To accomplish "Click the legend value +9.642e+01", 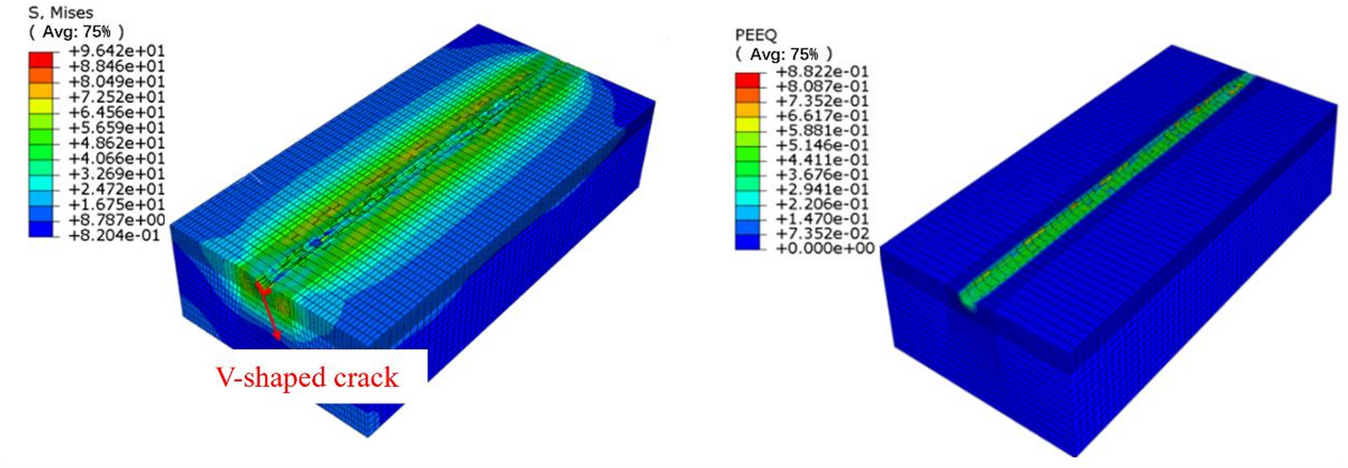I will [x=117, y=51].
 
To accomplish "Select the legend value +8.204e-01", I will [x=117, y=235].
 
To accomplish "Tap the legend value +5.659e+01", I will [x=117, y=128].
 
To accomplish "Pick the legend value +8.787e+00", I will [x=117, y=220].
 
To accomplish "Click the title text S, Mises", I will [x=60, y=13].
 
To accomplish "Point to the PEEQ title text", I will [x=756, y=35].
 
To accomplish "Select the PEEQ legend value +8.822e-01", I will [x=822, y=71].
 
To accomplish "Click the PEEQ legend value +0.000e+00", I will [x=824, y=248].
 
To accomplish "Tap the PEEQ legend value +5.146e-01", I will [x=822, y=145].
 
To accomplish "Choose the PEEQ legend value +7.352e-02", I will [x=822, y=233].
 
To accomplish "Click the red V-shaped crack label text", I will [x=307, y=377].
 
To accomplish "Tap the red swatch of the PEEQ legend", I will [x=747, y=80].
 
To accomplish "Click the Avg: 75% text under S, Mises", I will [x=76, y=31].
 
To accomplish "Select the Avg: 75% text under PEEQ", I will [x=783, y=54].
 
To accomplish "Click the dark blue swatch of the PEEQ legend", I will [x=747, y=242].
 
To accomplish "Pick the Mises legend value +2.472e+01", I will [x=117, y=189].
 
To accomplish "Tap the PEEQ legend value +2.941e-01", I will [x=822, y=189].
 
